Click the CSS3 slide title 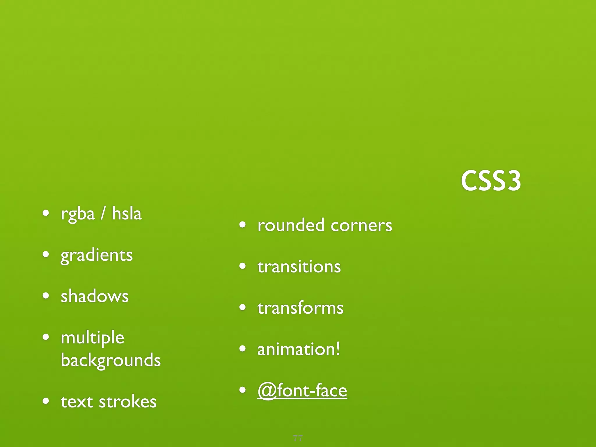tap(491, 181)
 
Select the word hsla tap(127, 213)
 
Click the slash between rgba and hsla tap(103, 213)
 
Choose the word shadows tap(95, 296)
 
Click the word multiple tap(93, 338)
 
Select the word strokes tap(128, 402)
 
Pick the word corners tap(361, 226)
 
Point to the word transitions tap(299, 267)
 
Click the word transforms tap(300, 308)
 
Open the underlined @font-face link tap(302, 391)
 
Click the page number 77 tap(298, 438)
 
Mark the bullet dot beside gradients tap(46, 254)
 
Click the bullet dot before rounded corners tap(242, 225)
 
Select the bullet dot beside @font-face tap(242, 390)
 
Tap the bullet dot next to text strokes tap(46, 401)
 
